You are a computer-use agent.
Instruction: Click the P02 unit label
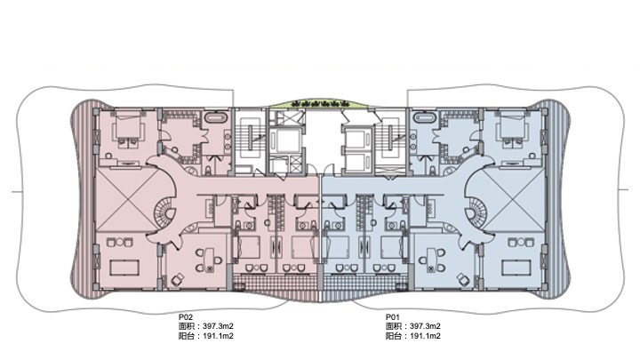[x=185, y=316]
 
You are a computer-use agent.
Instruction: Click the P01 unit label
[x=393, y=316]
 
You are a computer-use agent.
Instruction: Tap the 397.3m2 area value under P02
[x=218, y=326]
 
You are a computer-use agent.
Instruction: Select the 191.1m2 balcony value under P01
[x=425, y=336]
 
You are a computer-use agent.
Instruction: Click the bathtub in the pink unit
[x=215, y=118]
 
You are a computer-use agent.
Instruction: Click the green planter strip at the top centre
[x=319, y=103]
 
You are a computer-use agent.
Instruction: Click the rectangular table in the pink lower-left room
[x=124, y=268]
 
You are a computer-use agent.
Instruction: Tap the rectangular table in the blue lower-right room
[x=516, y=268]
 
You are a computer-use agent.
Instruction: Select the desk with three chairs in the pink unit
[x=209, y=260]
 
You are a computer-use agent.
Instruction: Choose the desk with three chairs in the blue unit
[x=431, y=260]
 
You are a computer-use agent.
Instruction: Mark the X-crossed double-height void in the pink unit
[x=127, y=200]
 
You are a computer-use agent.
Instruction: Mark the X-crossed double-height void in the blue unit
[x=514, y=200]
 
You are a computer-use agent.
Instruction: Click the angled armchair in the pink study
[x=178, y=280]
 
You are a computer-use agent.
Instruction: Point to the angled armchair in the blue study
[x=463, y=280]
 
